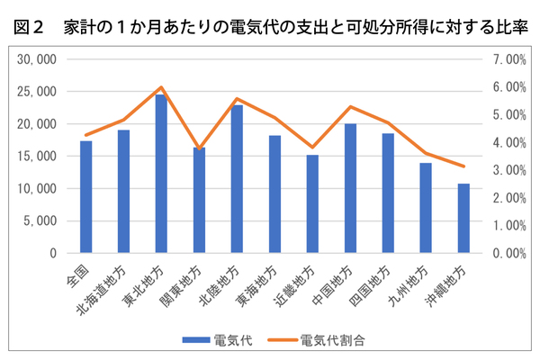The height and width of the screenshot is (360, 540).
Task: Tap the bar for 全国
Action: (85, 197)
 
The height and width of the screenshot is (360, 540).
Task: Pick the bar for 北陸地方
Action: (237, 179)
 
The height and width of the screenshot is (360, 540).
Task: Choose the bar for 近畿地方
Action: (312, 204)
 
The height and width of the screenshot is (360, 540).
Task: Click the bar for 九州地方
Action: (426, 208)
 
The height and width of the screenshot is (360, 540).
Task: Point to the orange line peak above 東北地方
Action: (161, 87)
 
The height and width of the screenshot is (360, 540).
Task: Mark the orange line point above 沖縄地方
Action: (463, 166)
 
